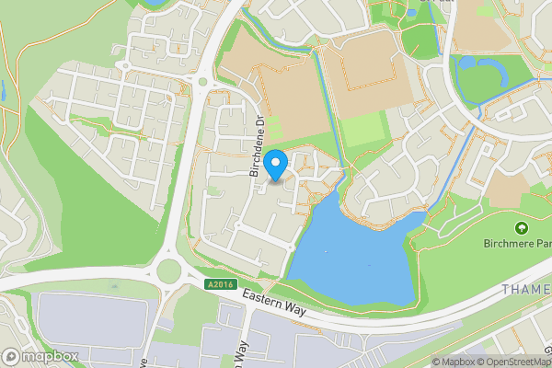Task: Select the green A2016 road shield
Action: pos(221,284)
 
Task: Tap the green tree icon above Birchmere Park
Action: pos(522,228)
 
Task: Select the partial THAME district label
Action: pos(527,289)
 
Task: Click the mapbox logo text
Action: pos(51,356)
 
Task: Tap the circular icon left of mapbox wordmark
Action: pos(12,356)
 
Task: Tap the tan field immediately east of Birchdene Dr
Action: pos(276,87)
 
